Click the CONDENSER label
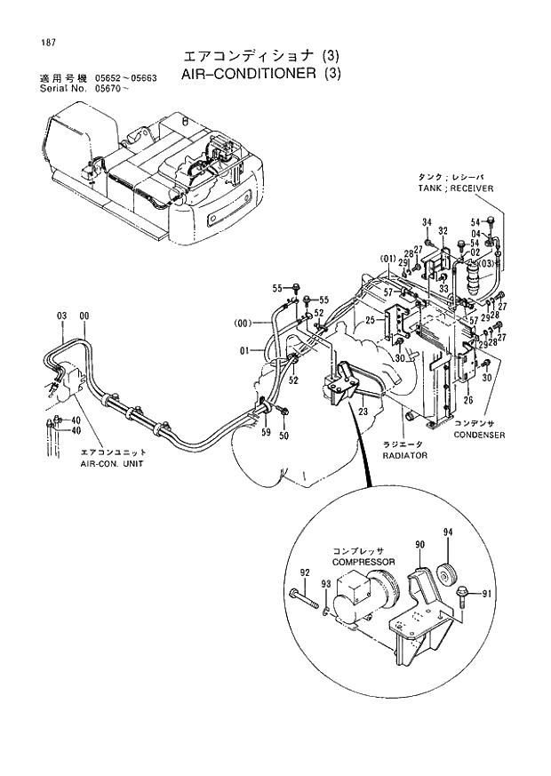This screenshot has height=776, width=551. (479, 435)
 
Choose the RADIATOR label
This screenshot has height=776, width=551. (404, 454)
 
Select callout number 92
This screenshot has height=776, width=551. (305, 572)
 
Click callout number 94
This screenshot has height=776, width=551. (448, 532)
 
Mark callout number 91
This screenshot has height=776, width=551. (485, 593)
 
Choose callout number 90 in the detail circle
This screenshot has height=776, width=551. (419, 543)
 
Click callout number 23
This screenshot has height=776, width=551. (363, 412)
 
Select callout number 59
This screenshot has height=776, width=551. (266, 433)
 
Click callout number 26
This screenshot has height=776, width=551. (467, 400)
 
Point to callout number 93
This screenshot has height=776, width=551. (326, 583)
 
